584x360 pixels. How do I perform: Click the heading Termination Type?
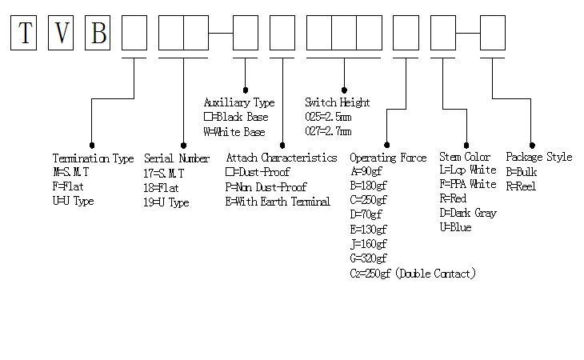tap(93, 158)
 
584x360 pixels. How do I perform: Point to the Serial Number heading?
tap(177, 158)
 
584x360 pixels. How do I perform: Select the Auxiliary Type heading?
tap(239, 102)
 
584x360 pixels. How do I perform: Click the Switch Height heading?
tap(337, 102)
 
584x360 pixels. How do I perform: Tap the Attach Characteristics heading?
tap(281, 158)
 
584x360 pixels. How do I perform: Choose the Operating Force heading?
tap(388, 158)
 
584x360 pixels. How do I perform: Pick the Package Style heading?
tap(538, 157)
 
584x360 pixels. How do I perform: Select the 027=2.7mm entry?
tap(328, 131)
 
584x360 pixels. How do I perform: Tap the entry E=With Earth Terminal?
tap(278, 202)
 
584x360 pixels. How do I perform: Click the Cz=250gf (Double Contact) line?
tap(413, 274)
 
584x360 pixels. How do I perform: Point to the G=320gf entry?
tap(369, 258)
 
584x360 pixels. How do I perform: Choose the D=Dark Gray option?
tap(468, 214)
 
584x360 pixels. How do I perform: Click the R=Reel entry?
tap(521, 186)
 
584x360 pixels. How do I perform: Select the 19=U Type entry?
tap(166, 202)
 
